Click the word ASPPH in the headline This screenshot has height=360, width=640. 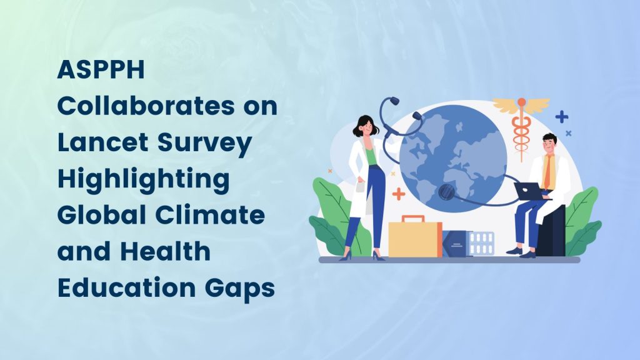coord(101,69)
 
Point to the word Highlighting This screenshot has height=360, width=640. coord(143,179)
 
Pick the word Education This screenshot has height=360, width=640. coord(126,287)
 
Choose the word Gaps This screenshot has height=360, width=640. coord(239,289)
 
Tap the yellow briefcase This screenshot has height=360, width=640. coord(415,237)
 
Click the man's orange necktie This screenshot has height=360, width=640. coord(547,172)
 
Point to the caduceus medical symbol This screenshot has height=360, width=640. coord(521,126)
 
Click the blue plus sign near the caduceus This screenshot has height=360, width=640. coord(562,117)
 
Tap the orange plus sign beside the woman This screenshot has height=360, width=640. coord(398,194)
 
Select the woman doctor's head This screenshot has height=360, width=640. coord(365,126)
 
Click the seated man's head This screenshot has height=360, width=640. coord(549,143)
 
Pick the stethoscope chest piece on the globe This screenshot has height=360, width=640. coord(446,191)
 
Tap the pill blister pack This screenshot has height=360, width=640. coord(482,243)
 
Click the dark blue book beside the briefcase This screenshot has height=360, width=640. coord(456,244)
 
